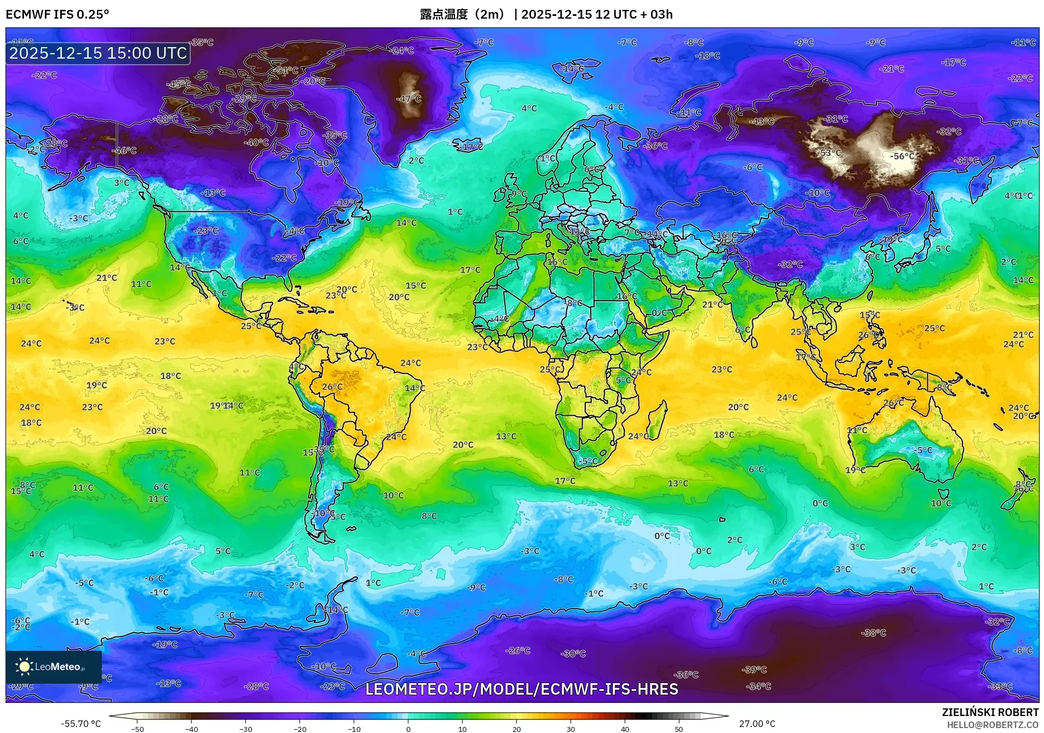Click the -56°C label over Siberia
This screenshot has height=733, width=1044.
[x=902, y=156]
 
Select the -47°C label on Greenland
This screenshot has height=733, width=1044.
[x=408, y=99]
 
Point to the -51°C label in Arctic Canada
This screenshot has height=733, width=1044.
[x=286, y=71]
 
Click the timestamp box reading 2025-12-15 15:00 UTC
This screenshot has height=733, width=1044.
[x=98, y=53]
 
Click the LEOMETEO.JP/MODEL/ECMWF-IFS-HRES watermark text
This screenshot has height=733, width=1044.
[x=521, y=689]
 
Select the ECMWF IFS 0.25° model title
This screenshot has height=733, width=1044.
[x=57, y=14]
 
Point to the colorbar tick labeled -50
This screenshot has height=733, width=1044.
[x=137, y=729]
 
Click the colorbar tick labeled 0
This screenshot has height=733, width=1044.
[x=408, y=729]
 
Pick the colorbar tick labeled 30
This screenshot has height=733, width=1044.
[x=570, y=729]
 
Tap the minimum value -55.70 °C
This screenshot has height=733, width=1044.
[x=80, y=724]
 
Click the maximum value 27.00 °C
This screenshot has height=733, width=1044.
[x=757, y=724]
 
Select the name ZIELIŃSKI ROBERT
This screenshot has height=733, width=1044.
[x=990, y=712]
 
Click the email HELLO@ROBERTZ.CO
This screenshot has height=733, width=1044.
[x=993, y=725]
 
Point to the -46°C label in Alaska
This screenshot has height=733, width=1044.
[x=124, y=151]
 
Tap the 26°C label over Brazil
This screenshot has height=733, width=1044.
[x=332, y=387]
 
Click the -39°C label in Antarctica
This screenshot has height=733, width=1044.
[x=754, y=669]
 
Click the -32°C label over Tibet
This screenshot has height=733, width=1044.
[x=789, y=264]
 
